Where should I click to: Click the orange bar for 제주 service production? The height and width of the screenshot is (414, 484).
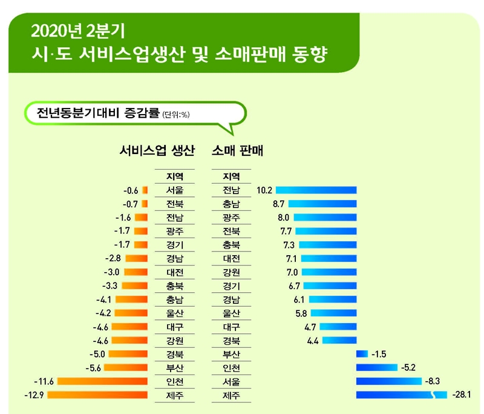coord(97,396)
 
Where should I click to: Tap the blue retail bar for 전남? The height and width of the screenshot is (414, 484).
coord(316,190)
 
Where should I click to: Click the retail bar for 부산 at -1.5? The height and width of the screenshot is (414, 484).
coord(362,353)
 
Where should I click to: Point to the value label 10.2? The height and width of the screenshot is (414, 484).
coord(264,190)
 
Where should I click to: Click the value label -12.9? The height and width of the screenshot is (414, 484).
coord(34,396)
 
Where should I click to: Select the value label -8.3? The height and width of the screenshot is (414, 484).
coord(434,381)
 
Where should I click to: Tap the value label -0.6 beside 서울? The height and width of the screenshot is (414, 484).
coord(130,190)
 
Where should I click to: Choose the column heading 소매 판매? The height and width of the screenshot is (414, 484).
coord(237,150)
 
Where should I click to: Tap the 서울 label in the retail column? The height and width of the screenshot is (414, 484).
coord(231,381)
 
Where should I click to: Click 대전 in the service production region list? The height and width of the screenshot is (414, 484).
coord(175,272)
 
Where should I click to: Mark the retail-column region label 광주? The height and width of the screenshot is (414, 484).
coord(231,218)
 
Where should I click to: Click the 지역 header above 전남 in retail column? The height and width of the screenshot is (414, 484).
coord(231,176)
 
